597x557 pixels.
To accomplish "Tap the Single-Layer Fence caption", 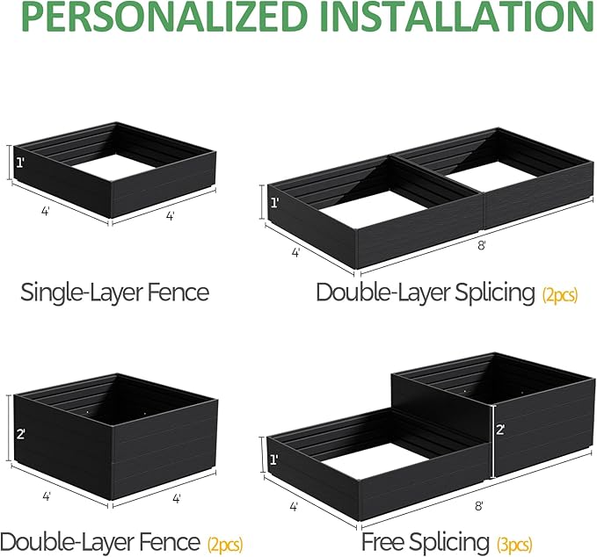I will click(x=115, y=292).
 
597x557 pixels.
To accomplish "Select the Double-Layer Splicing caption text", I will click(x=426, y=293).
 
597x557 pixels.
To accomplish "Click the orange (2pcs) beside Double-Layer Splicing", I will click(x=560, y=295).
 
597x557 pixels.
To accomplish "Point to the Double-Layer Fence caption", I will click(x=101, y=542).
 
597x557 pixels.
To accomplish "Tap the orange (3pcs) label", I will click(x=514, y=545).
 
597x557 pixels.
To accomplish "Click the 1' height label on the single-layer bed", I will click(x=20, y=163).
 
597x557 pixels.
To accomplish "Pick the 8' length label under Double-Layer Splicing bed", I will click(x=481, y=245).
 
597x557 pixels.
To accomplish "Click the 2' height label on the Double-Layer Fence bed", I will click(x=19, y=433).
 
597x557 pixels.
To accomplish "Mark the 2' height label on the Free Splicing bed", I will click(x=499, y=430).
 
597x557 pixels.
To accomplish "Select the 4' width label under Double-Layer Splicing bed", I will click(x=296, y=252).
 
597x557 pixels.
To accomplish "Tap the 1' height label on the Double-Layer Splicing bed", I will click(x=274, y=204).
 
